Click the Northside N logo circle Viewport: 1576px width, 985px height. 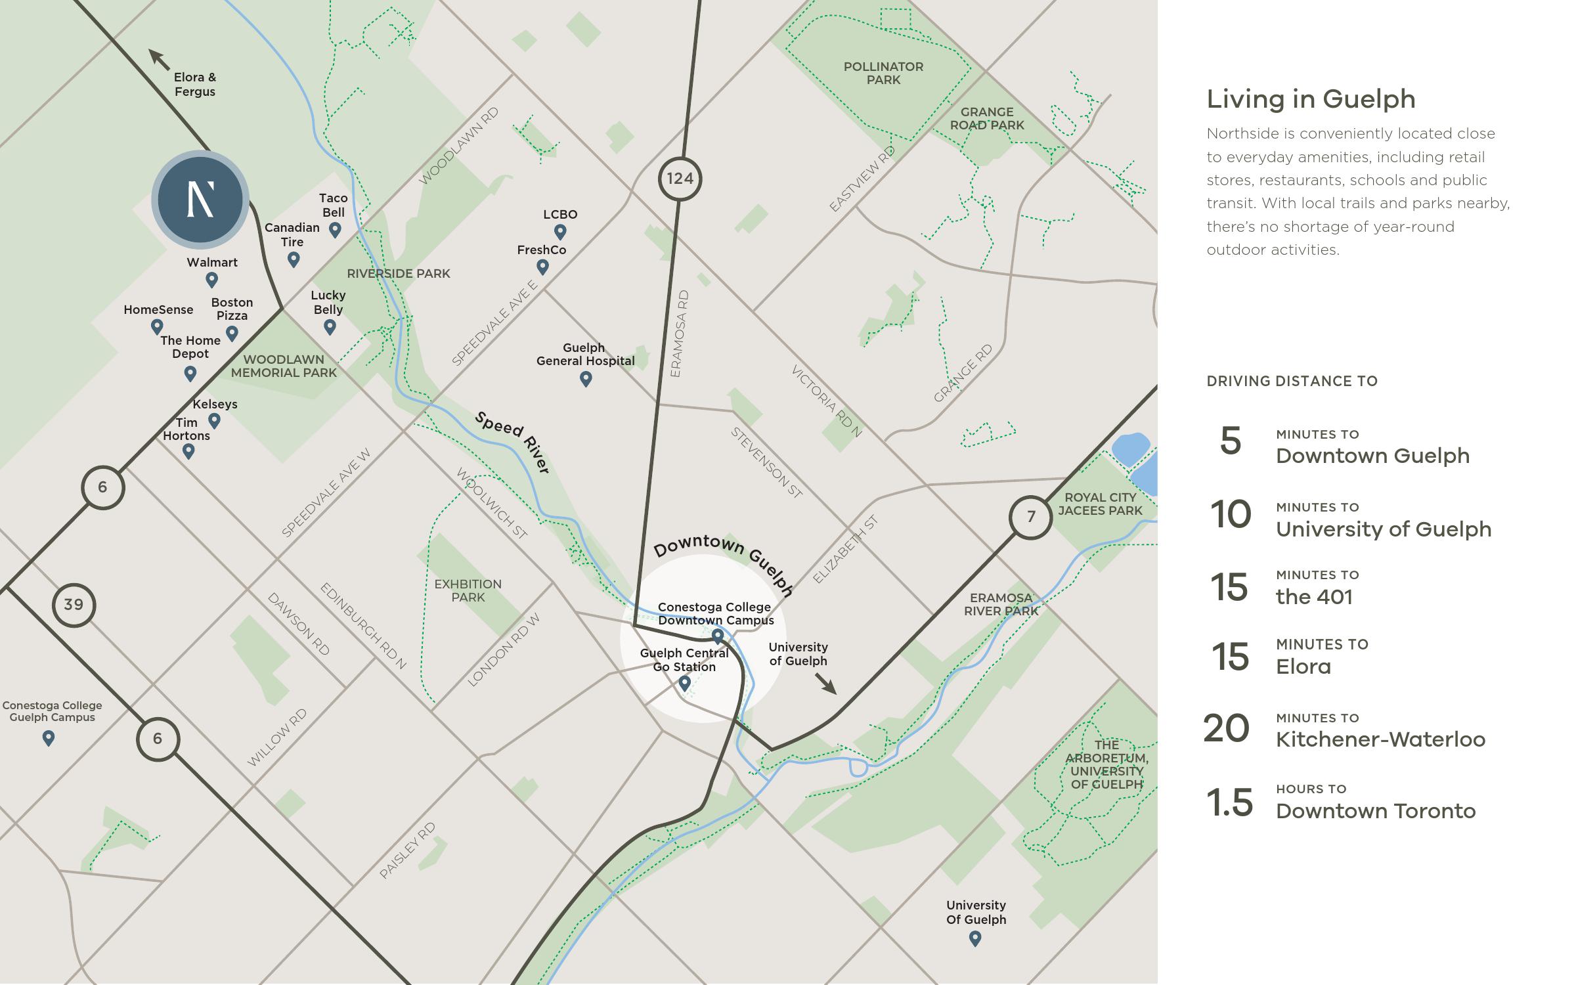[x=200, y=200]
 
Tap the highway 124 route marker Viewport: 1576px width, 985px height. [x=680, y=179]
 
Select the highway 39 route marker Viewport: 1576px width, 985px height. [x=74, y=605]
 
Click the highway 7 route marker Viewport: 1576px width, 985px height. [x=1030, y=517]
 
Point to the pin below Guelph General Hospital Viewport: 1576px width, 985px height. [x=586, y=378]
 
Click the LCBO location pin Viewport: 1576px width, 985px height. [x=560, y=231]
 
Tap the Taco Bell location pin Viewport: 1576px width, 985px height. [x=335, y=229]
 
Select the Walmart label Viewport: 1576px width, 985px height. [x=212, y=263]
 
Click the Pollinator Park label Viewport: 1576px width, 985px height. [x=883, y=73]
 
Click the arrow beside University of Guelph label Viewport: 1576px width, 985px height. [x=826, y=684]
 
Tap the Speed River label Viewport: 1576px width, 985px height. [x=513, y=442]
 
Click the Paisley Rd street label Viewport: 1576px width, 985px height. [x=407, y=850]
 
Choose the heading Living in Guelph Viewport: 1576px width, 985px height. [x=1311, y=99]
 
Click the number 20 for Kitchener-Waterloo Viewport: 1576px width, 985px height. [x=1226, y=729]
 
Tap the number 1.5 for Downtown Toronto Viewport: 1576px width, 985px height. [x=1229, y=802]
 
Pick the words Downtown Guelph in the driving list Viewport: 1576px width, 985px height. [x=1372, y=456]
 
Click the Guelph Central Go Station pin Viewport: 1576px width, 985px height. [x=684, y=684]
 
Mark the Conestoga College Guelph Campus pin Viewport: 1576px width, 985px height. [x=49, y=738]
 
